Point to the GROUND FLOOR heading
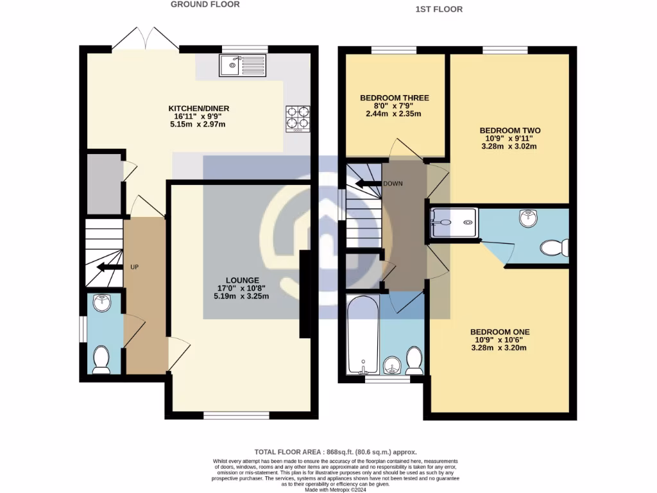click(205, 4)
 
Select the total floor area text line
click(330, 452)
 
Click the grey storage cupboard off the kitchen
click(105, 184)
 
